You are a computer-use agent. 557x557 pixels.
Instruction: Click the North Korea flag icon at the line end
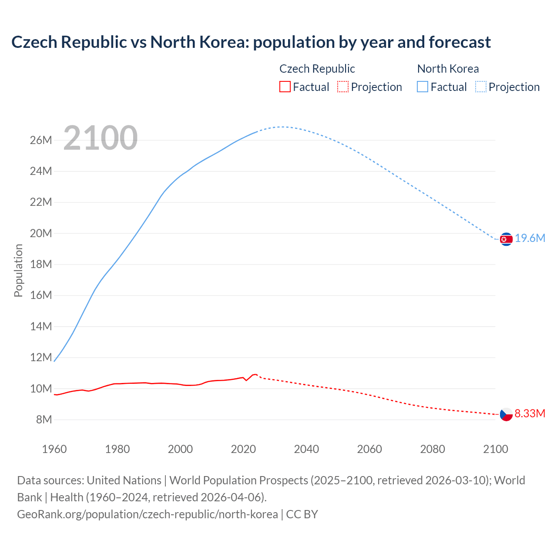point(506,239)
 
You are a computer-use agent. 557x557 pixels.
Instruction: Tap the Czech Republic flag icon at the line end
point(506,414)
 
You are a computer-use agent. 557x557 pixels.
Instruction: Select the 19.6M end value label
point(530,238)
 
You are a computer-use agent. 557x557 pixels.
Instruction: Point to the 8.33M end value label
point(530,413)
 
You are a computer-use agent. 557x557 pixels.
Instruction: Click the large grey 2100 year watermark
point(101,138)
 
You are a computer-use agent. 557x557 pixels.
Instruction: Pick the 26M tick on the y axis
point(41,140)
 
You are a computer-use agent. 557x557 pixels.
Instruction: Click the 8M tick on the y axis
point(44,419)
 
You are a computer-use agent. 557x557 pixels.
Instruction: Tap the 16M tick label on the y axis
point(41,295)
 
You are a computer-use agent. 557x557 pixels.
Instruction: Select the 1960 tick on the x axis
point(54,449)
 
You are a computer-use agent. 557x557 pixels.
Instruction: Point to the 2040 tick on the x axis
point(306,449)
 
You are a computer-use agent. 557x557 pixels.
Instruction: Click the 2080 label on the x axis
point(433,449)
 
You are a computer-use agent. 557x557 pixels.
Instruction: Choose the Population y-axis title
point(18,270)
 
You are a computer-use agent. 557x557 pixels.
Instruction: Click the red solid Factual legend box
point(285,87)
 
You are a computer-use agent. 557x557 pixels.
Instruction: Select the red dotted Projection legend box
point(343,87)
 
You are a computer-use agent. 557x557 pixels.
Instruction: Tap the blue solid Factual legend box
point(423,87)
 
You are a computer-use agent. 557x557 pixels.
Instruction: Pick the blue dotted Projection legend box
point(481,87)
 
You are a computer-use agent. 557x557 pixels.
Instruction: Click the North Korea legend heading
point(448,69)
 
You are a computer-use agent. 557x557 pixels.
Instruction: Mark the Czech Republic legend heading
point(317,69)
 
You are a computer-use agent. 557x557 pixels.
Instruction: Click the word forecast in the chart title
point(460,42)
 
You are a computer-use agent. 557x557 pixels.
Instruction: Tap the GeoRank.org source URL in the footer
point(148,514)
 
